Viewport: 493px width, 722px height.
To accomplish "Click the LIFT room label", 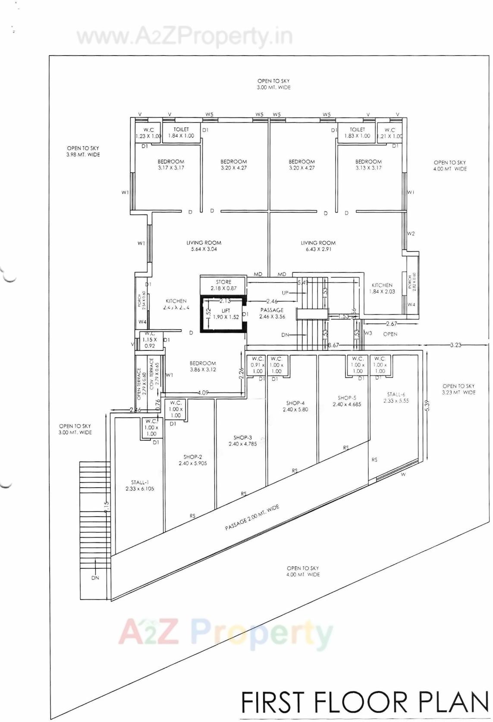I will [x=226, y=314].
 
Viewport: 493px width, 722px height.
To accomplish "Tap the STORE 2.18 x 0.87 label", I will [x=223, y=285].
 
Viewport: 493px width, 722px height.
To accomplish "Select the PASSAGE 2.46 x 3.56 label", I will [x=272, y=313].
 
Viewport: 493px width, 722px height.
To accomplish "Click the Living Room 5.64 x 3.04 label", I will [x=204, y=246].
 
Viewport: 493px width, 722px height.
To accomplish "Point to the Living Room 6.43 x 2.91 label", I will [x=318, y=246].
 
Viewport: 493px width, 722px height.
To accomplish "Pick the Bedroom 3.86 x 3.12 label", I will [x=203, y=366].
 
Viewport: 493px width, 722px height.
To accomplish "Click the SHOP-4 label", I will [x=295, y=406].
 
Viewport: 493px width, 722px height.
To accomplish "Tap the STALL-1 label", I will [x=140, y=486].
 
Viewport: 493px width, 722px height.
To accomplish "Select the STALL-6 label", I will [x=396, y=397].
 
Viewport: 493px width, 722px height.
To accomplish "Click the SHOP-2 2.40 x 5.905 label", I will [x=193, y=460].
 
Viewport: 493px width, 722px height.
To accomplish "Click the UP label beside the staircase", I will [x=285, y=293].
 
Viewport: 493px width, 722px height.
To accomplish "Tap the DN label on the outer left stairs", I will [x=95, y=578].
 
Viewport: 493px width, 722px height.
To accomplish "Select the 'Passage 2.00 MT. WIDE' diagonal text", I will [x=252, y=517].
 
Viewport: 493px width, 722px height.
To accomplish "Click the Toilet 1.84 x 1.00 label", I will [x=181, y=132].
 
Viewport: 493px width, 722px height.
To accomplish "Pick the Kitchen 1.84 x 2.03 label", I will [x=382, y=288].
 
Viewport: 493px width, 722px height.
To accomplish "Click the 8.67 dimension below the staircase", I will [x=333, y=345].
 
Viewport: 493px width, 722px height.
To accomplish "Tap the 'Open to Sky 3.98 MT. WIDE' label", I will [x=83, y=151].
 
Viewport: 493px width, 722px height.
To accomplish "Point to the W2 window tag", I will [x=411, y=234].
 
